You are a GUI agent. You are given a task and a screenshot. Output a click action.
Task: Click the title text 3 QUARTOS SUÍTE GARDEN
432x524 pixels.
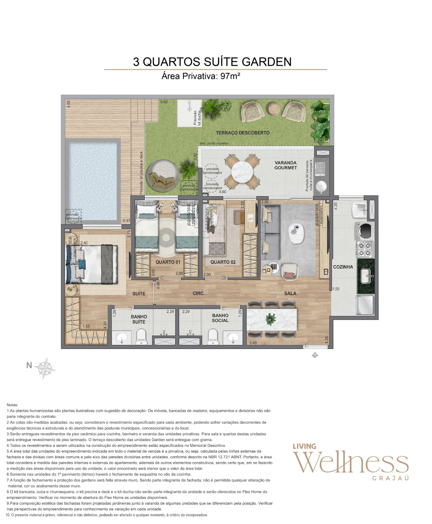[x=212, y=62]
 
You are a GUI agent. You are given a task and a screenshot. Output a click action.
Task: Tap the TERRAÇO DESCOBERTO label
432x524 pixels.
[x=243, y=133]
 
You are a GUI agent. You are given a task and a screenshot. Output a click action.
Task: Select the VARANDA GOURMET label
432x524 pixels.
[x=285, y=165]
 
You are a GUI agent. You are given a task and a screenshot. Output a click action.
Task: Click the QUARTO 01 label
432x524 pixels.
[x=168, y=262]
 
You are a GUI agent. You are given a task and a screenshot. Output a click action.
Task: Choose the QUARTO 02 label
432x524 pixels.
[x=223, y=262]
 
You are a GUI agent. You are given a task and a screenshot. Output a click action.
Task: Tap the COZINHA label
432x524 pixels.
[x=343, y=267]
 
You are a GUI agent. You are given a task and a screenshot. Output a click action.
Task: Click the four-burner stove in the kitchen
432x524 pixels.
[x=365, y=249]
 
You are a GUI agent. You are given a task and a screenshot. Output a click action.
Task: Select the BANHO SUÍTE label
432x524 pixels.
[x=139, y=319]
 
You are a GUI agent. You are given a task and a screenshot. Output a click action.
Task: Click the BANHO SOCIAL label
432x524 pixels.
[x=220, y=318]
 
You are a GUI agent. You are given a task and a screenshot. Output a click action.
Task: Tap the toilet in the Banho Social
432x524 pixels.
[x=213, y=336]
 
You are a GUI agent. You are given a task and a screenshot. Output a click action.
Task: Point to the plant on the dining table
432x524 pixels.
[x=271, y=319]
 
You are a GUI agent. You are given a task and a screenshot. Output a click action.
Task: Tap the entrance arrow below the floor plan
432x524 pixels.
[x=315, y=355]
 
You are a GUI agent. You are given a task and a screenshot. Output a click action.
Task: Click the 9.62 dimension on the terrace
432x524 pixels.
[x=164, y=102]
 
